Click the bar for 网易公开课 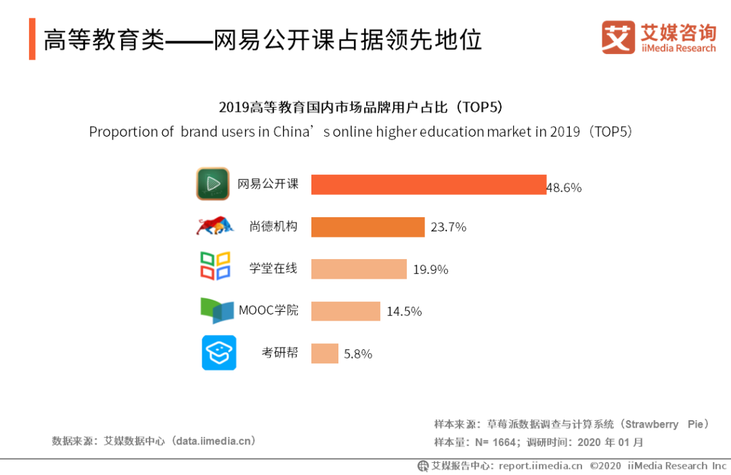(428, 185)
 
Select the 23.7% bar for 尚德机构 (368, 227)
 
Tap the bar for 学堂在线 (359, 269)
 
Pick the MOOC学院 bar (345, 311)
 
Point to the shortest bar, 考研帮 (324, 353)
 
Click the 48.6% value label (564, 187)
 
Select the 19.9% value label (430, 269)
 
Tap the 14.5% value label (404, 311)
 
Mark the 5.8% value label (358, 353)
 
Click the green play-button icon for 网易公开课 (213, 184)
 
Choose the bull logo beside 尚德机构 (215, 225)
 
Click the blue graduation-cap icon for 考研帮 (219, 353)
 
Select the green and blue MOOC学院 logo (217, 311)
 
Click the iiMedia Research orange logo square (618, 37)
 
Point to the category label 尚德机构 (273, 227)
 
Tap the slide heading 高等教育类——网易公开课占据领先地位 (263, 41)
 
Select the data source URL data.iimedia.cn (214, 440)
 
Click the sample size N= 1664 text (498, 443)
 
